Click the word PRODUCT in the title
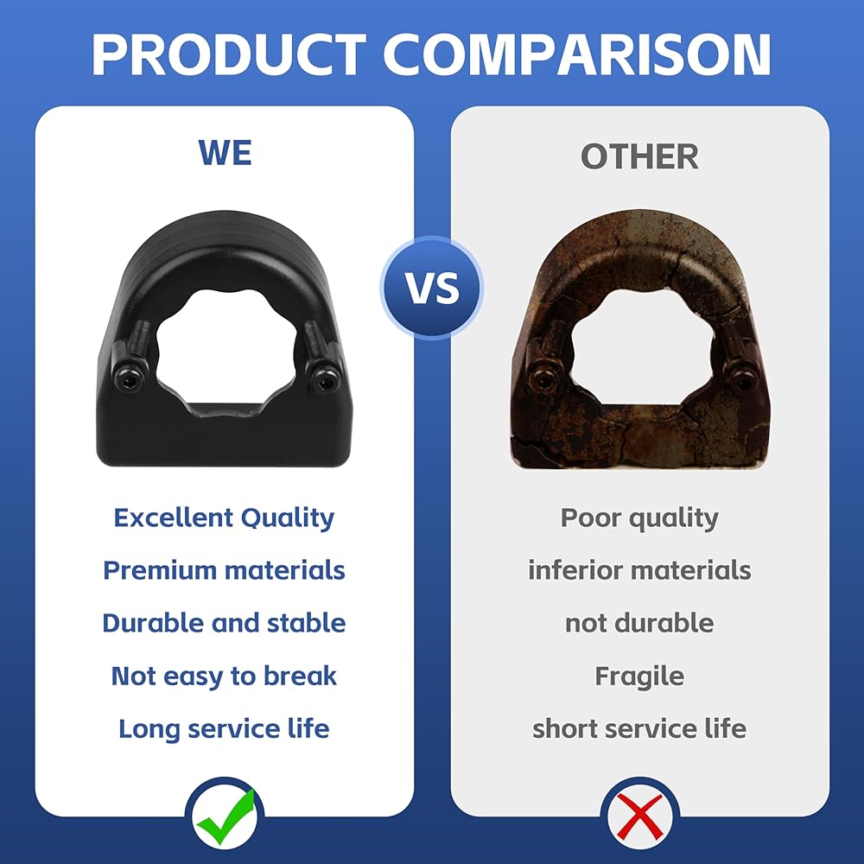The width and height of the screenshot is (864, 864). point(229,54)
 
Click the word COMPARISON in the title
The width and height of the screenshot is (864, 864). point(576,54)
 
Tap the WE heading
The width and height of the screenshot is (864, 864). point(225,153)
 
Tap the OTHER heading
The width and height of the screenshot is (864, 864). point(639,156)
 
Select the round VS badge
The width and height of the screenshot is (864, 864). point(432,287)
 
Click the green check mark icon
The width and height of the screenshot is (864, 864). point(226,817)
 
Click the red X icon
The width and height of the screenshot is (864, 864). point(640,817)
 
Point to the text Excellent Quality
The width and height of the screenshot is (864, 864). point(224,518)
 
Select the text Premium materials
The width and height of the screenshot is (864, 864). point(224,570)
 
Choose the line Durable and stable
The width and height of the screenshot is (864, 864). point(224,623)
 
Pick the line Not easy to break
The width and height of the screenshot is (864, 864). point(224,677)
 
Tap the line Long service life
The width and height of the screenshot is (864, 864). point(224,728)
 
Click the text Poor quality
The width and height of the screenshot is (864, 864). point(639,518)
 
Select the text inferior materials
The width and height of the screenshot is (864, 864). point(639,570)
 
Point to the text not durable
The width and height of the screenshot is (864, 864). point(639,623)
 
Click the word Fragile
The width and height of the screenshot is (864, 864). point(639,677)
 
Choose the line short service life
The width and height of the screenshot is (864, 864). point(639,728)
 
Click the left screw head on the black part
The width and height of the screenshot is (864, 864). point(128,379)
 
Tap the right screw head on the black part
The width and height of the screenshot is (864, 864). point(323,378)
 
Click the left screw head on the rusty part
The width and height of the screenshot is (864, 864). point(543,379)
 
